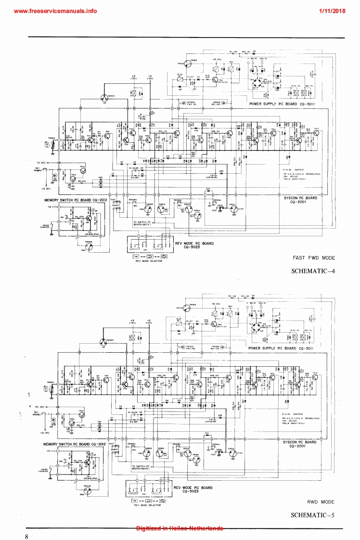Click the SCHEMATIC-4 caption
(x=312, y=271)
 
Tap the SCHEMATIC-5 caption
(x=312, y=515)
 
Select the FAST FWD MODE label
(x=314, y=258)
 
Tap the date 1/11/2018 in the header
(x=332, y=11)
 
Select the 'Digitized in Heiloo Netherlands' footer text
(x=179, y=528)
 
